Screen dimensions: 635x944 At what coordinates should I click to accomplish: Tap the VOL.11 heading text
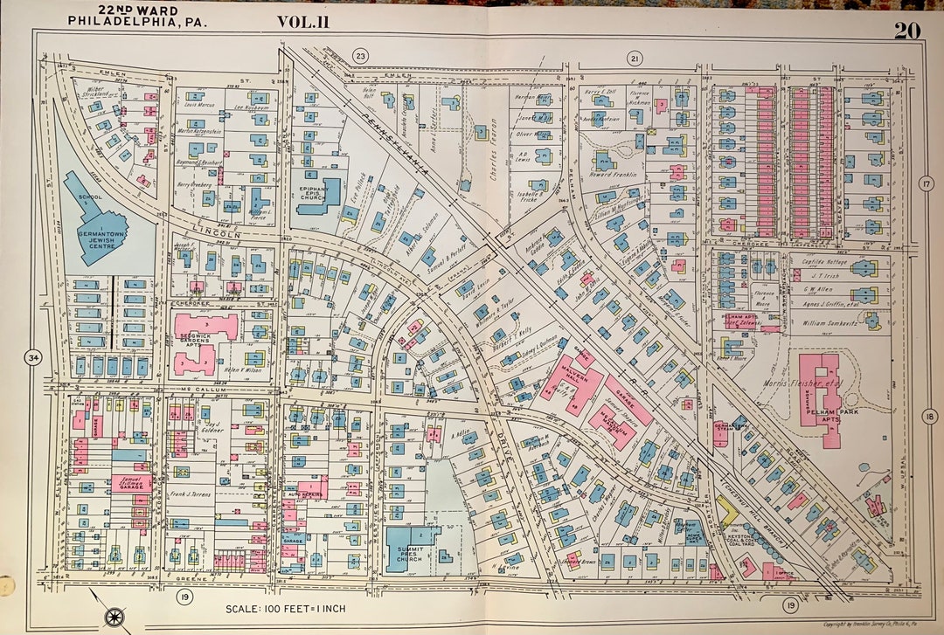303,21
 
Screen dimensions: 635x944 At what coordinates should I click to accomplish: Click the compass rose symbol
114,617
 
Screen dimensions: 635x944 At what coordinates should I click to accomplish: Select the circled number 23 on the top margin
359,57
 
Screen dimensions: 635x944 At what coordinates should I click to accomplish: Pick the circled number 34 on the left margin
34,357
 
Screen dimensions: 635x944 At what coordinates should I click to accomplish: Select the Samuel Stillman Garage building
130,482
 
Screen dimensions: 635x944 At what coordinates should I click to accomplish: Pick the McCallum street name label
202,389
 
